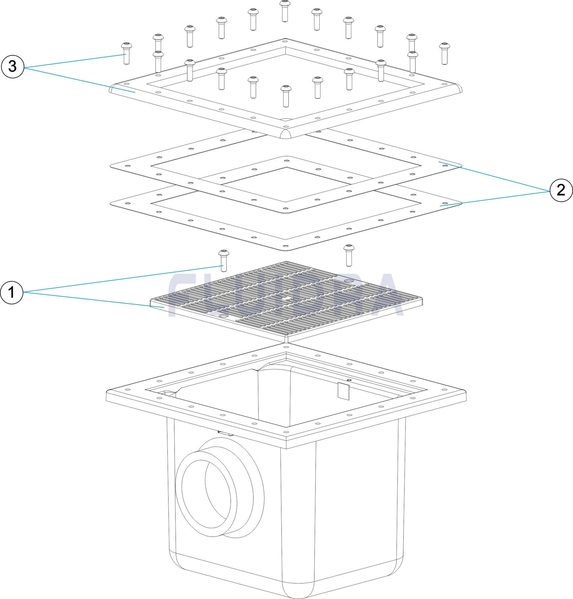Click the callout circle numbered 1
[x=12, y=293]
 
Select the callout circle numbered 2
[x=561, y=190]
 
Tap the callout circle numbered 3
[x=12, y=66]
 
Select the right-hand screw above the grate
[x=348, y=255]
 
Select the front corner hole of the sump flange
[x=286, y=432]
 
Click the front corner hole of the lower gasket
[x=285, y=245]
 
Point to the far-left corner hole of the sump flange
[x=127, y=389]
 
